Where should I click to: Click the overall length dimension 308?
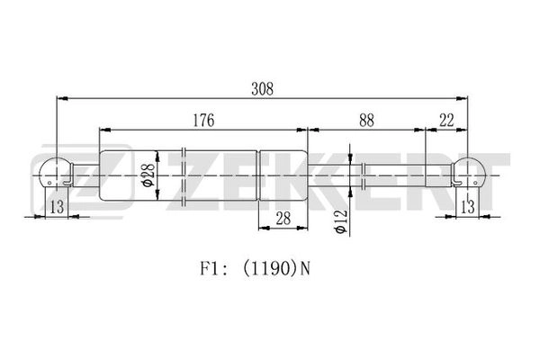(263, 89)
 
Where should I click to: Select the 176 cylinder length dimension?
(203, 121)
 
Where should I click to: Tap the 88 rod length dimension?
(366, 121)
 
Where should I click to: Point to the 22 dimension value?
(446, 121)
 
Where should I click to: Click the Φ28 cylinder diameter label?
(149, 175)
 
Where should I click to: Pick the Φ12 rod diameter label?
(341, 221)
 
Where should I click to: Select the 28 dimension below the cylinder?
(283, 219)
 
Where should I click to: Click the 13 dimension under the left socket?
(58, 207)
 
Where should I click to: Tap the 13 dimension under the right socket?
(467, 207)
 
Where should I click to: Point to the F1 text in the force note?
(209, 268)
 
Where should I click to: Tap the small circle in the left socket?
(49, 183)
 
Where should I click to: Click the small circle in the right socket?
(475, 183)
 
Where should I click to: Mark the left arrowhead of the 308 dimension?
(62, 99)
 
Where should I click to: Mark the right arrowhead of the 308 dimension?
(462, 99)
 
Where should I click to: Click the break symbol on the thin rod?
(364, 175)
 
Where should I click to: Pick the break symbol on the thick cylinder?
(184, 175)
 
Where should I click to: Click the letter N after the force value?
(305, 268)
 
